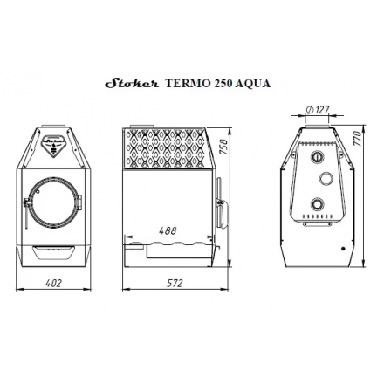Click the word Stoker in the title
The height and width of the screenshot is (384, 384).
point(127,85)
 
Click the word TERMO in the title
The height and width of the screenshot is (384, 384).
point(180,85)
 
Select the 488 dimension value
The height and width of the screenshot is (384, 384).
point(168,230)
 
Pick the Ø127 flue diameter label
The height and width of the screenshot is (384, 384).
point(319,109)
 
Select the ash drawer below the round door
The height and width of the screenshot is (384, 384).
point(52,254)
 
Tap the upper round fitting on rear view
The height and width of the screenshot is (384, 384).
point(317,157)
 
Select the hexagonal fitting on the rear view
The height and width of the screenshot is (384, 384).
point(326,179)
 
